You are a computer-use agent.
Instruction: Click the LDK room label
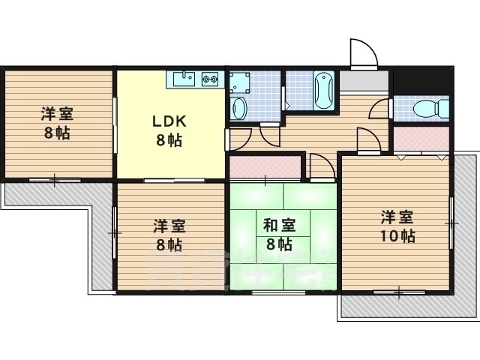(169, 131)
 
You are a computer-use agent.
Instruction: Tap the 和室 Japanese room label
(279, 235)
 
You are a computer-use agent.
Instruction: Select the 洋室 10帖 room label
(397, 226)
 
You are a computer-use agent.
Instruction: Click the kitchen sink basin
(184, 79)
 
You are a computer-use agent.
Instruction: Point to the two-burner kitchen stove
(210, 79)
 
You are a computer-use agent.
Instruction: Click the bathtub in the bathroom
(324, 91)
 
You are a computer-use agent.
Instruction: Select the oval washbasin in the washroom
(240, 109)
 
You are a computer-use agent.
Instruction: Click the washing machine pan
(240, 82)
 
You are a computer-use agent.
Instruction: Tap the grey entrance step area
(364, 81)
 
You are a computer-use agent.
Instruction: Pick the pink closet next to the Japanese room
(265, 166)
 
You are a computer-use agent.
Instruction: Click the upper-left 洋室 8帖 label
(57, 124)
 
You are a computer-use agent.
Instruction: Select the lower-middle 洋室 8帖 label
(169, 235)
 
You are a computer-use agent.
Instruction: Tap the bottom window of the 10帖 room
(399, 292)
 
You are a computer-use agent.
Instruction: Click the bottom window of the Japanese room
(278, 293)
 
